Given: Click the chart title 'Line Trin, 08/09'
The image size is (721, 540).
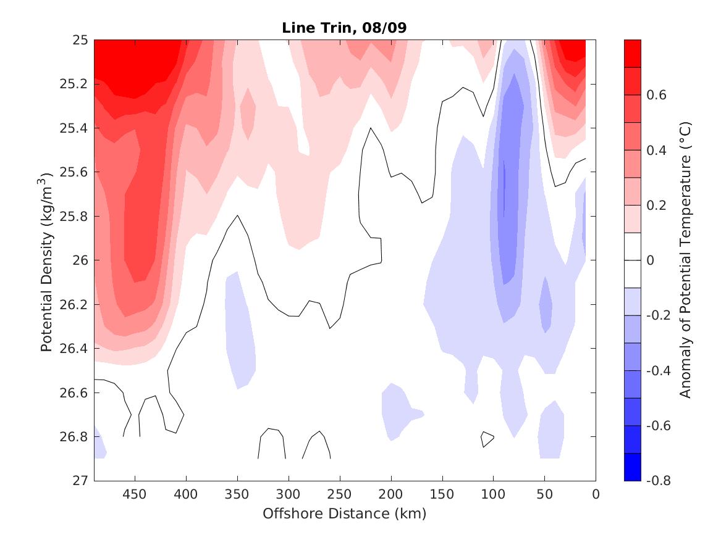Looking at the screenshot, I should click(x=344, y=28).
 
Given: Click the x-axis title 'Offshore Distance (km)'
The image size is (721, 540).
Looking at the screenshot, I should click(x=344, y=513).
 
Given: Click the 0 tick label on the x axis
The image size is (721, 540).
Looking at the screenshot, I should click(x=596, y=495).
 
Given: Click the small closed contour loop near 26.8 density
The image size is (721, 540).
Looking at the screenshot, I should click(x=487, y=439).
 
